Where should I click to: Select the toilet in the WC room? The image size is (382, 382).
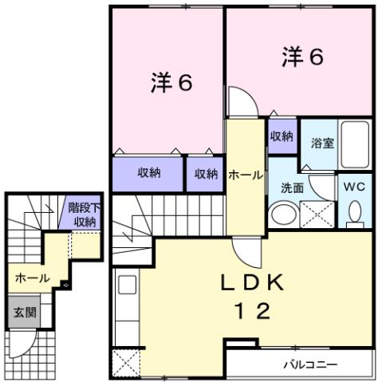pos(355,211)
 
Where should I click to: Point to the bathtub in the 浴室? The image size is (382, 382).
pos(354,144)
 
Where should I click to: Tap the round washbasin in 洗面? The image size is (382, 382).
pos(281,215)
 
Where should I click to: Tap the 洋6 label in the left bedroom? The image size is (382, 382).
pos(171,84)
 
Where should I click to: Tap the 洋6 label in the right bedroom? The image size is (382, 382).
pos(301,57)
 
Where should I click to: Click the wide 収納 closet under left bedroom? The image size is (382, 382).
pos(148,174)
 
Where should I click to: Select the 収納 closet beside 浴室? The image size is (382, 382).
pos(281,136)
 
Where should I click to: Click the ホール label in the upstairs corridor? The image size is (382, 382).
pos(244,174)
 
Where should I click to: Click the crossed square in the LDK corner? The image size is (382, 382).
pos(126,364)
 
